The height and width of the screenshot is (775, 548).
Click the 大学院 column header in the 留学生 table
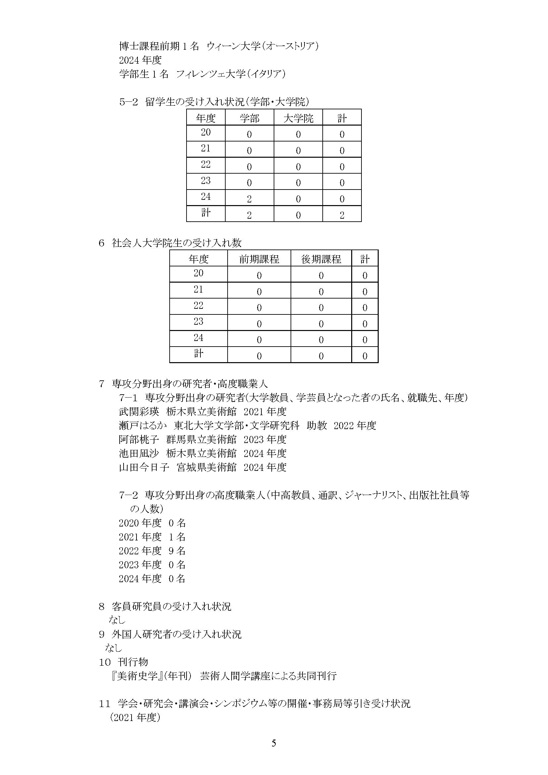coord(298,118)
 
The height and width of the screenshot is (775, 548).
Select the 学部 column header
coord(250,118)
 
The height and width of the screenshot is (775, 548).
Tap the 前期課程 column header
coord(259,259)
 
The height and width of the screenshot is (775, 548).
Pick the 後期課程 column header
coord(321,259)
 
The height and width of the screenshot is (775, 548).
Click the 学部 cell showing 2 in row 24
coord(249,199)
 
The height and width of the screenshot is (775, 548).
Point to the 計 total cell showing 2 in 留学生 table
coord(342,215)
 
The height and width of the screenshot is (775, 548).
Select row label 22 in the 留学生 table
coord(205,164)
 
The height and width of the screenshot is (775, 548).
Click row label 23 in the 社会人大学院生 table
coord(198,321)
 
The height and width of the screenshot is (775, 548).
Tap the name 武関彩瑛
coord(139,412)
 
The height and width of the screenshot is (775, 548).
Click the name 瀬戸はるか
coord(143,425)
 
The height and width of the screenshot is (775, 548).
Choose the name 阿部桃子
coord(139,439)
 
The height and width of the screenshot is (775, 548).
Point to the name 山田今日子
coord(144,467)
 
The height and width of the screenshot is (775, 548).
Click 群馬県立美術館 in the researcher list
coord(201,439)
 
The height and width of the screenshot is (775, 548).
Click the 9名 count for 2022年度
coord(177,551)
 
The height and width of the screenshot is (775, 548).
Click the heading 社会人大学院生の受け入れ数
coord(177,243)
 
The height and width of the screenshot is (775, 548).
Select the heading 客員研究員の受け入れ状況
coord(172,607)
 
